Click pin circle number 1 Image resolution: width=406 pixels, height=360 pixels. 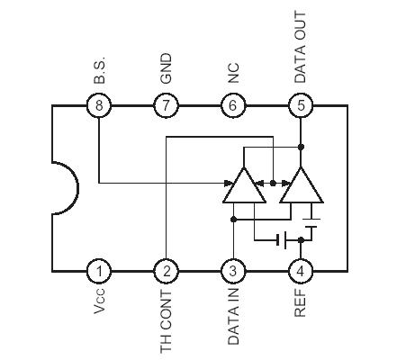click(x=99, y=271)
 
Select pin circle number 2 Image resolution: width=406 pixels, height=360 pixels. click(x=166, y=271)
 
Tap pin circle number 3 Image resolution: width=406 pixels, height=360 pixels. click(x=233, y=271)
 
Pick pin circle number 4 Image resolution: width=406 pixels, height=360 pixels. click(x=301, y=271)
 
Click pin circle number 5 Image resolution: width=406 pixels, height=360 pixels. click(x=301, y=106)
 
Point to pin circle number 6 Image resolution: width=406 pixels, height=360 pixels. click(x=233, y=106)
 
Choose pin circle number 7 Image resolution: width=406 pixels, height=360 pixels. click(x=166, y=106)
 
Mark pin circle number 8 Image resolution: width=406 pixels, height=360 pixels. click(x=99, y=106)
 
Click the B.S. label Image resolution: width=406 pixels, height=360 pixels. click(x=99, y=72)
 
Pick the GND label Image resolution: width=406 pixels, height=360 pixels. click(x=166, y=70)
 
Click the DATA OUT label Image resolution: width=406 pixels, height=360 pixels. click(x=301, y=47)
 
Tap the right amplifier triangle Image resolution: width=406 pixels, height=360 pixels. click(x=301, y=187)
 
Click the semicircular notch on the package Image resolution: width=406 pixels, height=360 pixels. click(x=65, y=188)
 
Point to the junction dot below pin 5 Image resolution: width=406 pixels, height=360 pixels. click(x=301, y=147)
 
